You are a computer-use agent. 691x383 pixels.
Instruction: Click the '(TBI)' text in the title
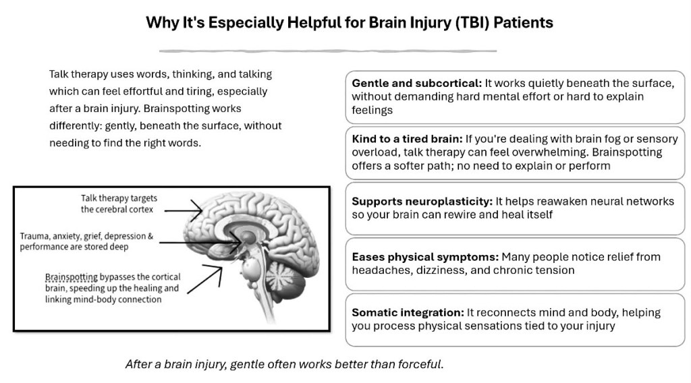[472, 22]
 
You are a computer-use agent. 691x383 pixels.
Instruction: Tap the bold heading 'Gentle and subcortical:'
[416, 83]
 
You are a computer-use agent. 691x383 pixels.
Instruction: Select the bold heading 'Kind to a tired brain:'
[407, 139]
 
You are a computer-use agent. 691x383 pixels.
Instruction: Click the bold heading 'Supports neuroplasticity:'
[422, 201]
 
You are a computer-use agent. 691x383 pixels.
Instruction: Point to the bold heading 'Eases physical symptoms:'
[425, 257]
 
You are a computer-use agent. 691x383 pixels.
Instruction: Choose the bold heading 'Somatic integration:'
[408, 312]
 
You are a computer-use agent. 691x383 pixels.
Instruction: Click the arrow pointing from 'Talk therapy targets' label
[184, 210]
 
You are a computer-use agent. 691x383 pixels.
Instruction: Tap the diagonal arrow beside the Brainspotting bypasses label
[205, 279]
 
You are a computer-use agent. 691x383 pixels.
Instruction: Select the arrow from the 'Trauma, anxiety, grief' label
[200, 242]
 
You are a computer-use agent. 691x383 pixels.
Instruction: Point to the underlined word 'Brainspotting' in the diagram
[72, 277]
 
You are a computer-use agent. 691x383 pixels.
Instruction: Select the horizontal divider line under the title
[328, 51]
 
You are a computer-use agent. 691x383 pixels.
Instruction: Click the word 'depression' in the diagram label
[121, 237]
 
